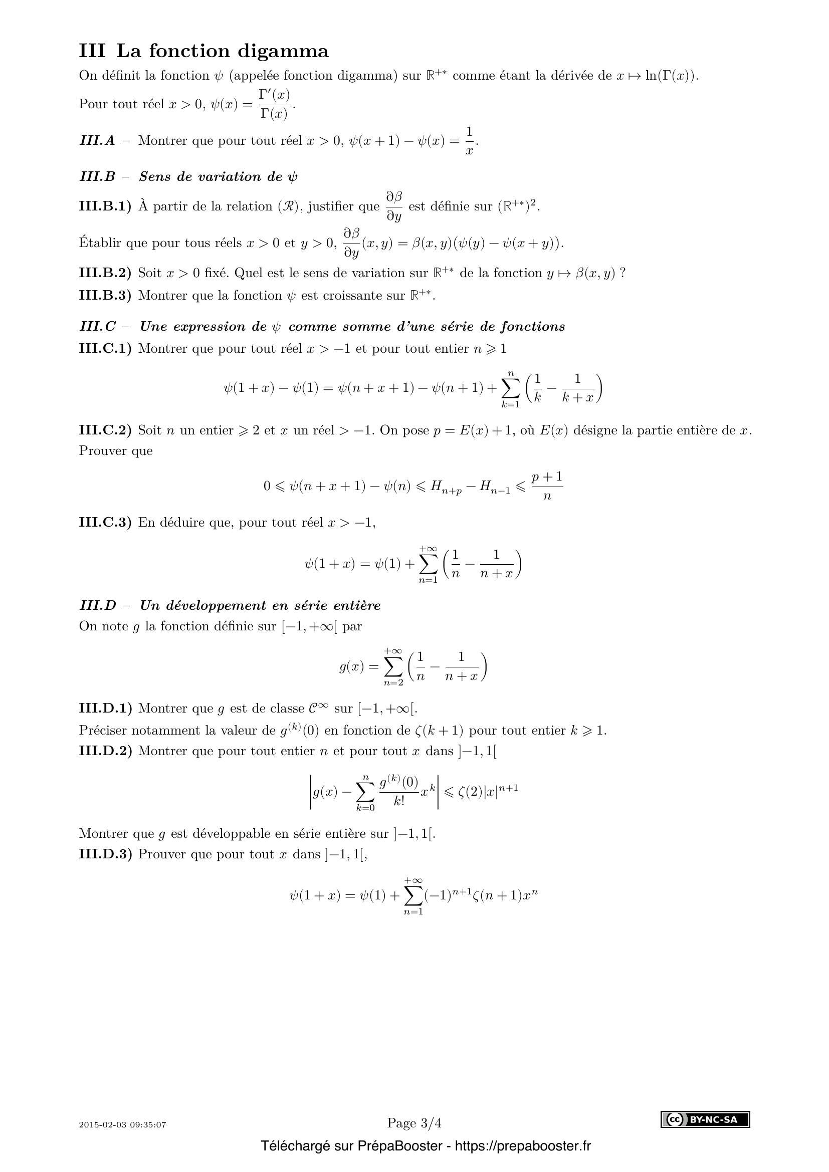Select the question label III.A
[x=98, y=140]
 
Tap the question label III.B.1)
[x=105, y=206]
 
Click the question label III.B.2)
[x=105, y=273]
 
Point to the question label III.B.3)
[x=105, y=296]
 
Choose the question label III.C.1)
[x=105, y=349]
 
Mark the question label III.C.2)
[x=105, y=430]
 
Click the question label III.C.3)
[x=105, y=523]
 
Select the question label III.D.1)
[x=105, y=709]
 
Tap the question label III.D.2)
[x=105, y=751]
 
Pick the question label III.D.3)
[x=105, y=854]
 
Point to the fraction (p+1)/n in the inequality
[x=547, y=486]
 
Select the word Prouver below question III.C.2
[x=115, y=451]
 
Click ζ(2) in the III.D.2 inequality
[x=469, y=794]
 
